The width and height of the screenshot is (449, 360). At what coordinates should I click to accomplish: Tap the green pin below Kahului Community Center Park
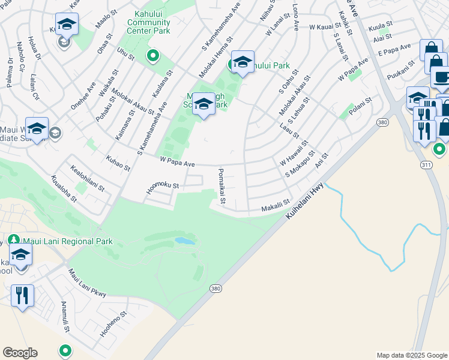153,56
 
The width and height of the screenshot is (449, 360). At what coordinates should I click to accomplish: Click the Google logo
20,353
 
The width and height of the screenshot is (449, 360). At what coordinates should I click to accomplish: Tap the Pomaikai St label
221,185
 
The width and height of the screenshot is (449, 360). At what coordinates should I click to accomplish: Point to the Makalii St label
276,206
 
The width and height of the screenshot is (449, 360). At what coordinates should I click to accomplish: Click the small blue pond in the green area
184,241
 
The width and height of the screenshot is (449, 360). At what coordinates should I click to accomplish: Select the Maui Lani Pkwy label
87,284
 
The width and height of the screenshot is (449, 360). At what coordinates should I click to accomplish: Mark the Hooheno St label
113,322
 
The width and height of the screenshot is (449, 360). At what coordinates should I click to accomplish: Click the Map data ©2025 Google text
411,355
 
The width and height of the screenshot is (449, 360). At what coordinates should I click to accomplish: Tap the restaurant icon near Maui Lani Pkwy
22,295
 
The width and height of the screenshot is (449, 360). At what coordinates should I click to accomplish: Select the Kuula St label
379,28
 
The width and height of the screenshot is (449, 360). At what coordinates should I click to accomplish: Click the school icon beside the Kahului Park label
243,62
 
